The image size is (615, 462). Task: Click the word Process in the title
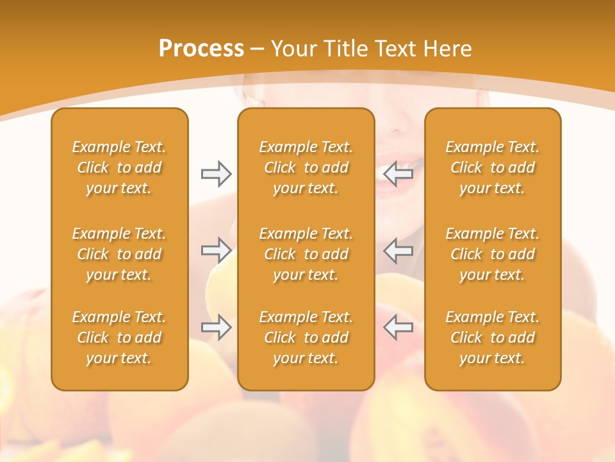201,48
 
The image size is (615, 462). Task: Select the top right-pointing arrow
216,174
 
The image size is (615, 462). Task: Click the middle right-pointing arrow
216,250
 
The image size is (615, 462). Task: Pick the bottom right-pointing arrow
216,327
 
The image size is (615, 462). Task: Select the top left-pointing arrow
398,174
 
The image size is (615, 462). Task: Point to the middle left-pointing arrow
398,250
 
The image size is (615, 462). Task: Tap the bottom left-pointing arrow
398,327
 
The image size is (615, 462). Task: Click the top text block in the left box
119,167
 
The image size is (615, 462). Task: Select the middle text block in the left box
119,254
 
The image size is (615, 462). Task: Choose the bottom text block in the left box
119,338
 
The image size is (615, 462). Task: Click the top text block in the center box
306,167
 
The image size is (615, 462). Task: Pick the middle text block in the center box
306,254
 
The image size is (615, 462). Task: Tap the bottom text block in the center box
306,338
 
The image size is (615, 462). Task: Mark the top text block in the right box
493,167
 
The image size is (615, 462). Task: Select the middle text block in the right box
493,254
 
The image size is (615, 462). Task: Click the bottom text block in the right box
493,338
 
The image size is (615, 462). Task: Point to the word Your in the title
293,48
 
